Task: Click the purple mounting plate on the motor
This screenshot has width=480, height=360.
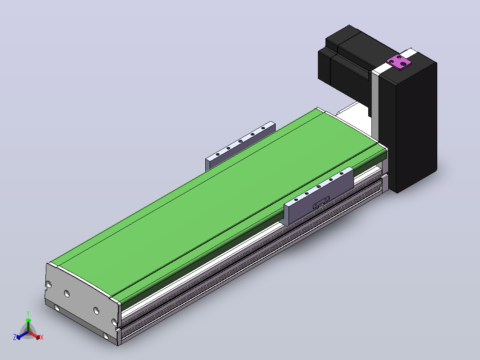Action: pyautogui.click(x=399, y=62)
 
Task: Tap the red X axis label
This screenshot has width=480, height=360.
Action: pyautogui.click(x=42, y=337)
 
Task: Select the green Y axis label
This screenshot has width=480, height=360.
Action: pyautogui.click(x=28, y=313)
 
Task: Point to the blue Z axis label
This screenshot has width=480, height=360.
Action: pyautogui.click(x=15, y=337)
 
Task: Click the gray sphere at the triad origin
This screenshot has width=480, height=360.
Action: pyautogui.click(x=28, y=332)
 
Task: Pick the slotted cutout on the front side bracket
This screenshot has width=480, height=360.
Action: pyautogui.click(x=321, y=203)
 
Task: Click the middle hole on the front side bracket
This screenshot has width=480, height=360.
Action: pyautogui.click(x=319, y=187)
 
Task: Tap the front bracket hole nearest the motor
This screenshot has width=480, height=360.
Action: pyautogui.click(x=342, y=173)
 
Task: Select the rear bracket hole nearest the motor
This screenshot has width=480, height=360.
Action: pyautogui.click(x=263, y=128)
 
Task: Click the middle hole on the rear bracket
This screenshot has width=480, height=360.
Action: pyautogui.click(x=240, y=141)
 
